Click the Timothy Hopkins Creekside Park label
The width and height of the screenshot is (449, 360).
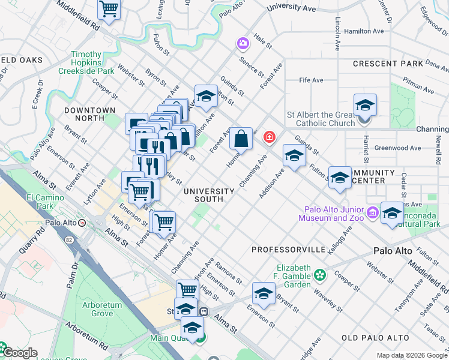point(86,62)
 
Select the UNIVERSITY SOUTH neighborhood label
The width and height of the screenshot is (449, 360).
point(208,195)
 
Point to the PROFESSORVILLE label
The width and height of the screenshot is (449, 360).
point(288,249)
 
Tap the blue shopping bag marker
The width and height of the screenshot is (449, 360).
point(241,139)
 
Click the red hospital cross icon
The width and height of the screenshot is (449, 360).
point(270,137)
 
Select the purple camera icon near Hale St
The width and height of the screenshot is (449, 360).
point(243,43)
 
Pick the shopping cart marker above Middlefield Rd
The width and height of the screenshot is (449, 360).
point(109,8)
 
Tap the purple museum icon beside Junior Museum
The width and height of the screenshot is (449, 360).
point(372,212)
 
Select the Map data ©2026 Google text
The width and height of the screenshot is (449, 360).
point(412,355)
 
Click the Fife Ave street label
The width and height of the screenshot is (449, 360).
point(312,80)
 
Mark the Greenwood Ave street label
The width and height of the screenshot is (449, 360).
point(397,148)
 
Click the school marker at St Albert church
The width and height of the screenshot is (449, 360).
point(365,106)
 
